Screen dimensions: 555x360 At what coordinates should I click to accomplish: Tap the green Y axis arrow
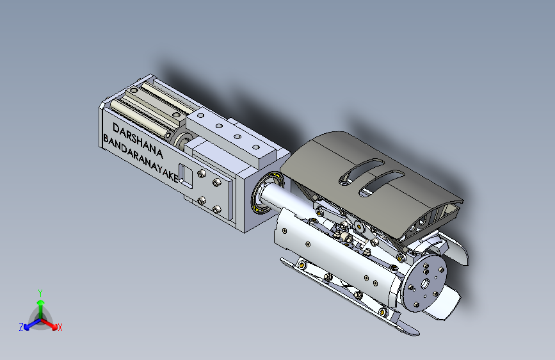coord(41,307)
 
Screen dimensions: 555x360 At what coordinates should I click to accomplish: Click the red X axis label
coord(60,327)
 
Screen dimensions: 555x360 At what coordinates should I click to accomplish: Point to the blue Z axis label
coord(21,327)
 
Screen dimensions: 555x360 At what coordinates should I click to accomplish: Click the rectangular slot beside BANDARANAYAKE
coord(186,176)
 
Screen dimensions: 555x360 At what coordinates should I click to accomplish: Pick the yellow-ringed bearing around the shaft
coord(267,192)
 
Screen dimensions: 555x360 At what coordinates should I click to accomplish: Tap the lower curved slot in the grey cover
coord(382,182)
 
